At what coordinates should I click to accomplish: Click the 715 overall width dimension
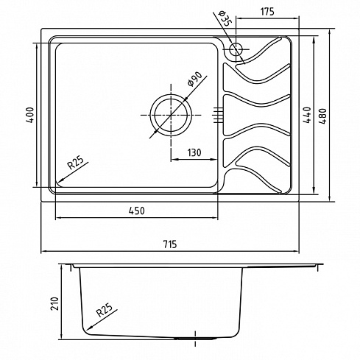tap(169, 244)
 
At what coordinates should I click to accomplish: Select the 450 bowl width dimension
tap(137, 211)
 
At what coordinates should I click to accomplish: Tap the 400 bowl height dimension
tap(30, 115)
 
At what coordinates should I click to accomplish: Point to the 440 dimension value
tap(308, 115)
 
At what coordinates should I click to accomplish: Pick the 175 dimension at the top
tap(267, 12)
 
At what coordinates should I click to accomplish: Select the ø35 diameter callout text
tap(225, 18)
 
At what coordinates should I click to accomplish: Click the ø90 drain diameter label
tap(195, 79)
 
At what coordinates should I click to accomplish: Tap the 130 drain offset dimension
tap(194, 152)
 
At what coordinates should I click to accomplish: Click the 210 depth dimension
tap(55, 304)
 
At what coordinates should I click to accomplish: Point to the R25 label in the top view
tap(76, 163)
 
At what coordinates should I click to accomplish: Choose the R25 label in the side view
tap(104, 310)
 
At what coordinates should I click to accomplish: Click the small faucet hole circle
tap(236, 49)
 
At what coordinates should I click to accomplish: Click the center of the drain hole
tap(171, 115)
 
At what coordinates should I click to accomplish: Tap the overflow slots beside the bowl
tap(218, 115)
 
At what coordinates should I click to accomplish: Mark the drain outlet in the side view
tap(195, 339)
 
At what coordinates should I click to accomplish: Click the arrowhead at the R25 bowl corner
tap(59, 180)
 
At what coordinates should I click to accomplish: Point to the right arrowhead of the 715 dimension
tap(296, 251)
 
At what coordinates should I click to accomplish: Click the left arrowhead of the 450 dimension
tap(59, 217)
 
